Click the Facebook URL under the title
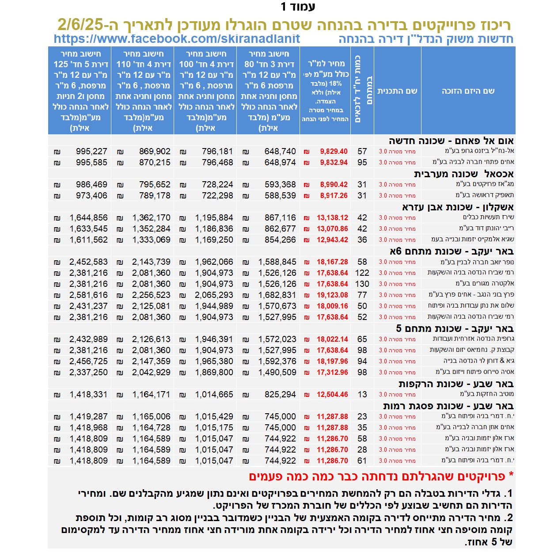[177, 39]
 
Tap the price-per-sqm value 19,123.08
[332, 295]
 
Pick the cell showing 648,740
[280, 152]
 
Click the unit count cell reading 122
[362, 273]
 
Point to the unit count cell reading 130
[362, 284]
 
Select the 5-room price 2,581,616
[88, 295]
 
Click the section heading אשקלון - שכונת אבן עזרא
[458, 207]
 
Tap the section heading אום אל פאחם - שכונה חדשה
[451, 141]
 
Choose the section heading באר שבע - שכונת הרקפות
[456, 384]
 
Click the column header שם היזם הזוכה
[468, 91]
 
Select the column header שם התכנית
[397, 91]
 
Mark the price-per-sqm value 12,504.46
[332, 395]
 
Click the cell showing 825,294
[280, 395]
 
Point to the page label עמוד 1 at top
[298, 7]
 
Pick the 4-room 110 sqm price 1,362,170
[151, 218]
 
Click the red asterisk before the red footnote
[511, 476]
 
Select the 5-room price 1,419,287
[88, 417]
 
